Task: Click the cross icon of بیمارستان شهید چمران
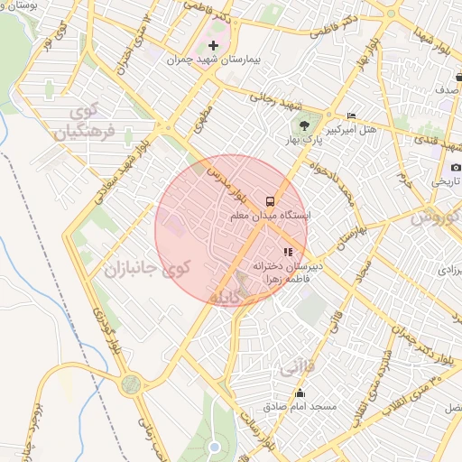[x=213, y=45]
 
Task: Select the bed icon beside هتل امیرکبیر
[x=352, y=115]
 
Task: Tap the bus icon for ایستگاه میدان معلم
[x=269, y=199]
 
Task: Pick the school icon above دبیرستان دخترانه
[x=288, y=253]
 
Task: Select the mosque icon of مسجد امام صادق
[x=300, y=393]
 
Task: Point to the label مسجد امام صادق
[x=300, y=407]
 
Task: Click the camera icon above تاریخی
[x=456, y=167]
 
